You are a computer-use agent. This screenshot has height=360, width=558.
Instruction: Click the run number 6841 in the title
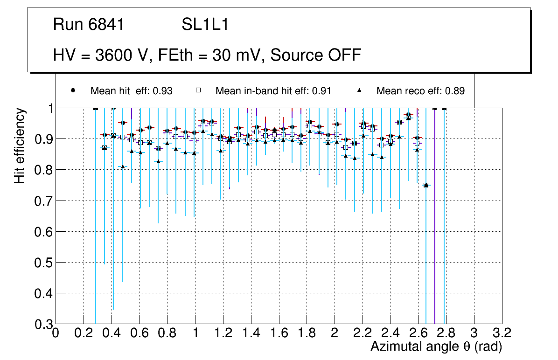point(107,25)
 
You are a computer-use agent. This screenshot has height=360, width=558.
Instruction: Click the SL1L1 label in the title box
point(205,25)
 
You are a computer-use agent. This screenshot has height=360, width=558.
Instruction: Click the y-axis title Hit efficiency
point(20,145)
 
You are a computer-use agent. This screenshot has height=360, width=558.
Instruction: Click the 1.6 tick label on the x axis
point(279,333)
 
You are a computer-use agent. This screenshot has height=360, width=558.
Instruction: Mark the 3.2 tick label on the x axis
point(502,333)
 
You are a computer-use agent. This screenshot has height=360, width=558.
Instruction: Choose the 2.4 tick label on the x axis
point(390,333)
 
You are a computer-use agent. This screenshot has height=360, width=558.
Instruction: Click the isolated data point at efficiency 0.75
point(426,185)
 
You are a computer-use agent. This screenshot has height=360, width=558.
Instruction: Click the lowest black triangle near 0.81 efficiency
point(123,166)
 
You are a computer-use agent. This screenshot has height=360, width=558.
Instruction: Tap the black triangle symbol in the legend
point(360,90)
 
